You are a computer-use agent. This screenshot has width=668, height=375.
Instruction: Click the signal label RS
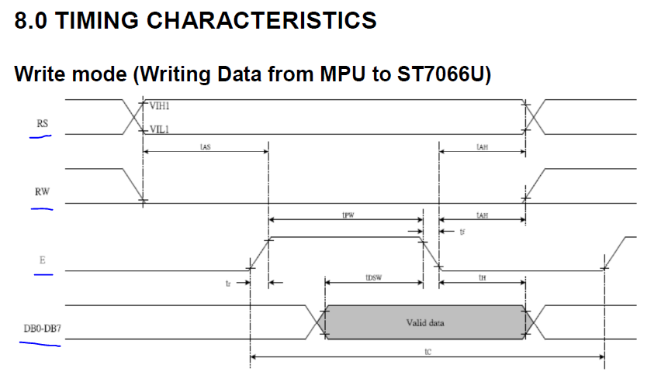[x=42, y=123]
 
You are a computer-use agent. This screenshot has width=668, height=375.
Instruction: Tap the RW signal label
[x=43, y=191]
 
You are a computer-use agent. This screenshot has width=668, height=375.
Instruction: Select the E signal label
[x=42, y=261]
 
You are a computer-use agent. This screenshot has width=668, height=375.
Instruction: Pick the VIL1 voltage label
[x=158, y=130]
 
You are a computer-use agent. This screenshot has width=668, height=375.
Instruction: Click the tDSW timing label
[x=372, y=276]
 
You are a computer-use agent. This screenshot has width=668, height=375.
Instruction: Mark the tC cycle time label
[x=427, y=351]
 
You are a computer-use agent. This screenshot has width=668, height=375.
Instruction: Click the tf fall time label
[x=462, y=231]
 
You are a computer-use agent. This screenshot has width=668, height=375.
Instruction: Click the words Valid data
[x=425, y=322]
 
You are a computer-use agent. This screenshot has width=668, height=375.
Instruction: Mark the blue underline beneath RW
[x=42, y=208]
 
